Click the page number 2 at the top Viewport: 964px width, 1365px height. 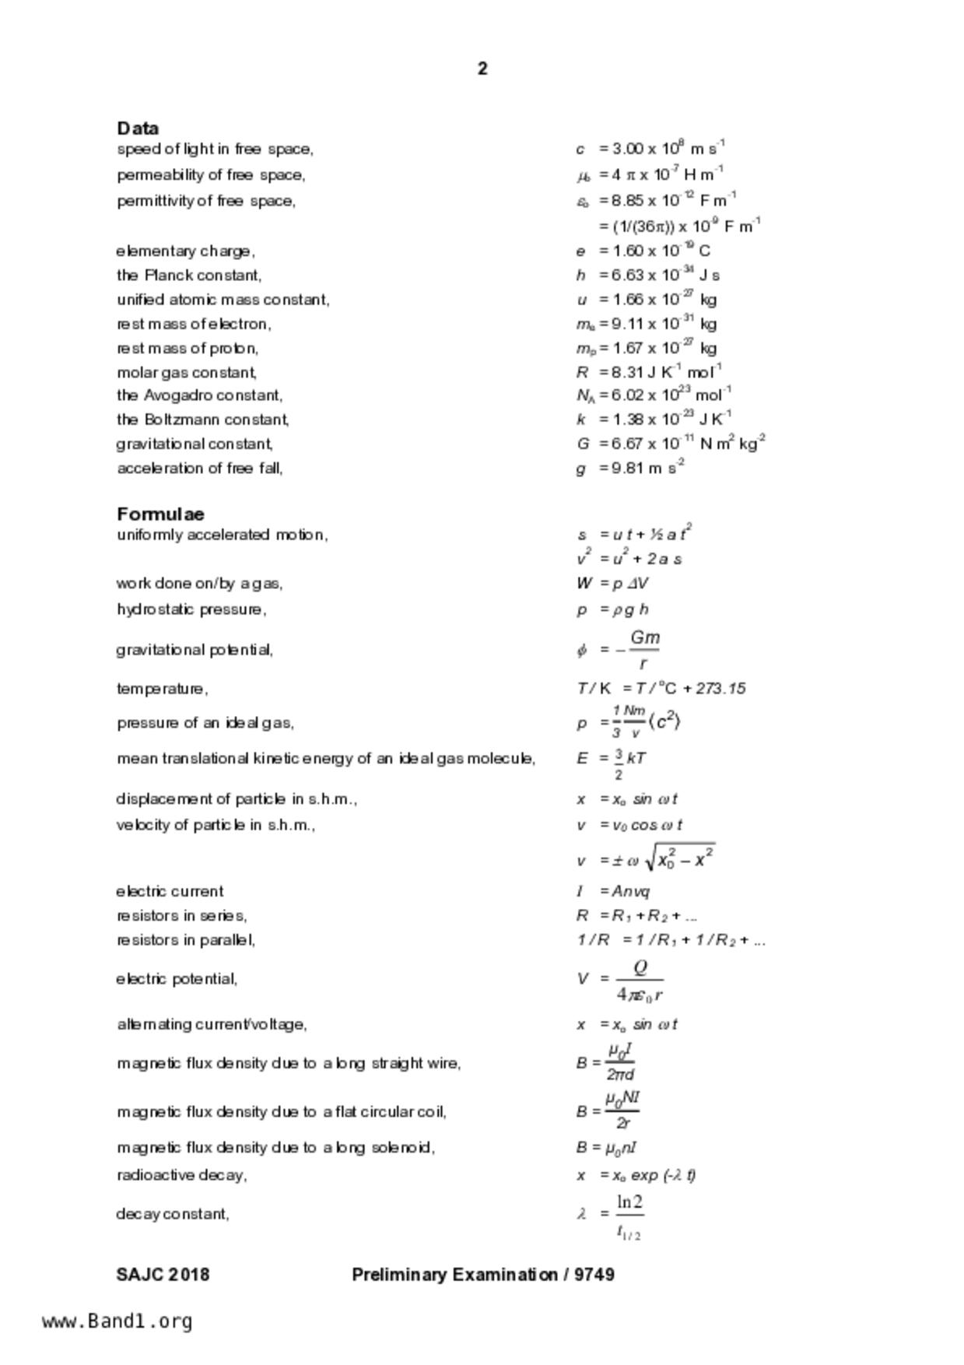coord(482,69)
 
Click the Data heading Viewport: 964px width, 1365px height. coord(138,128)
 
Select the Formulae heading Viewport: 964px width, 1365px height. coord(160,514)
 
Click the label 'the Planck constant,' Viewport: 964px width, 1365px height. coord(189,275)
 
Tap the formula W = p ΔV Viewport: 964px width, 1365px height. coord(612,584)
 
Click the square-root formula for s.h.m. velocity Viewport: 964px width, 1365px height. coord(646,858)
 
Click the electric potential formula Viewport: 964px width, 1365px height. coord(621,980)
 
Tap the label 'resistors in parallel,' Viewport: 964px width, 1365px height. coord(185,940)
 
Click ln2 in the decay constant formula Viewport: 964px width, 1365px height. coord(629,1203)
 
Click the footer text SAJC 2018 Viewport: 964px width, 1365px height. coord(163,1275)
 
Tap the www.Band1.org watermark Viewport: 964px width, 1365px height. coord(117,1321)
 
